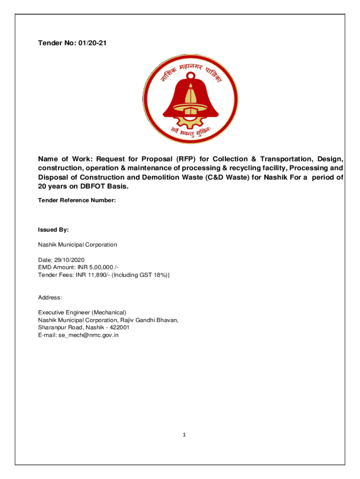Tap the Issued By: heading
pos(53,230)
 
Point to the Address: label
pos(50,298)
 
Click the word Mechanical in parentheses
pos(108,312)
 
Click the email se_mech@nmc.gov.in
pos(88,334)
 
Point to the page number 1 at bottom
pos(184,435)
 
